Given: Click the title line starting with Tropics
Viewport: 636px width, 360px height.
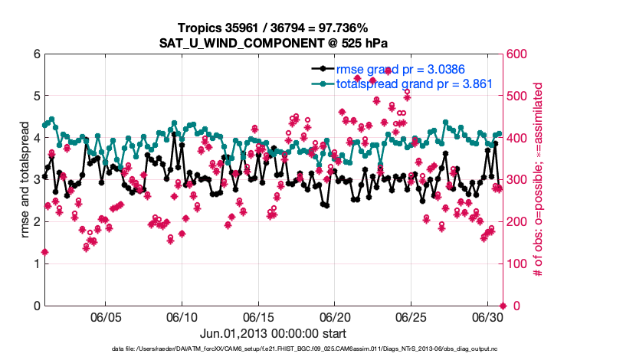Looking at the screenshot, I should click(x=273, y=28).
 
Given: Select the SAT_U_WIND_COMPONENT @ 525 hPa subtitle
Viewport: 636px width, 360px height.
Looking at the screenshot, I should click(x=273, y=43).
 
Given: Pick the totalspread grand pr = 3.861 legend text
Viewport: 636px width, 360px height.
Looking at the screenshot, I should click(x=414, y=83).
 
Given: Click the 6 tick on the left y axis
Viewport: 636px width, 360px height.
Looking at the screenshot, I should click(x=36, y=54).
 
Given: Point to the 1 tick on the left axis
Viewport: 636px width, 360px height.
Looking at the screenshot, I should click(x=36, y=263).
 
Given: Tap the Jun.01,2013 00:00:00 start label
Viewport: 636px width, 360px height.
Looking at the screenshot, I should click(x=273, y=333).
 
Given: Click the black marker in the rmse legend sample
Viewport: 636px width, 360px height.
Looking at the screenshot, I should click(x=323, y=69).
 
